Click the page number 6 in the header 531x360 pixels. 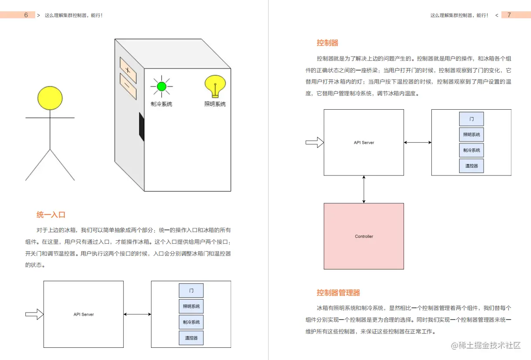26,15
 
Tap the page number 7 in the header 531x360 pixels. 509,15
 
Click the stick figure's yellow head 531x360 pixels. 50,98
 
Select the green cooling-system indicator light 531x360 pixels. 161,87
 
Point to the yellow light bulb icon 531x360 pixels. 215,86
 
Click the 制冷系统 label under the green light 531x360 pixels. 161,104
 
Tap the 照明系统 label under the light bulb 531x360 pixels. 215,104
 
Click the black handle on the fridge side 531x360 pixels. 141,127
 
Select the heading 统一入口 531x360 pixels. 51,215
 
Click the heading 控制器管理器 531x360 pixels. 339,293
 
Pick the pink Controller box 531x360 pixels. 364,236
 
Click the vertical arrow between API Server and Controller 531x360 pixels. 364,189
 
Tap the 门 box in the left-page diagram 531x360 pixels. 191,290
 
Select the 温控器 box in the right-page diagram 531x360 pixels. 471,166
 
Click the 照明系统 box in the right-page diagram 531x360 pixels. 471,135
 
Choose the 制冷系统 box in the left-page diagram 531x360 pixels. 191,322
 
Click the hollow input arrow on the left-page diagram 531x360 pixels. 34,314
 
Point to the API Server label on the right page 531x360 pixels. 364,142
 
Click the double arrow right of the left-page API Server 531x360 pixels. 137,314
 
